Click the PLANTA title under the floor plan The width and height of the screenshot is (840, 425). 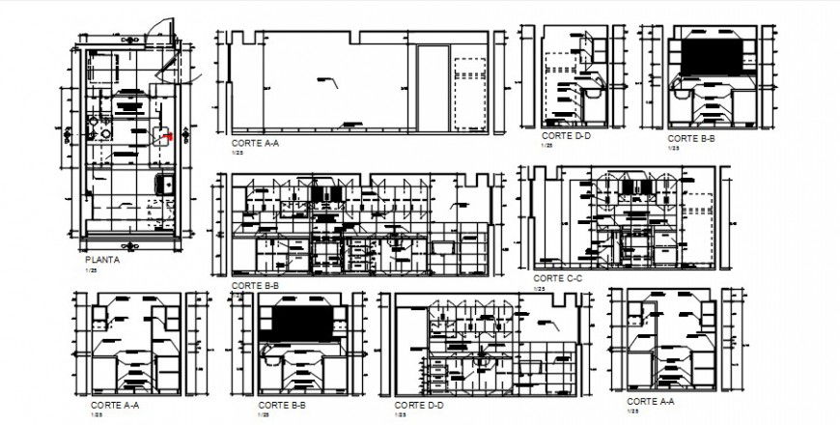pyautogui.click(x=102, y=259)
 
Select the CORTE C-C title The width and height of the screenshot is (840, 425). pyautogui.click(x=559, y=278)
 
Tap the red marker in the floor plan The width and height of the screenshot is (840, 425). pyautogui.click(x=170, y=136)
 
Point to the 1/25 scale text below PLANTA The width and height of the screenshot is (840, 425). pyautogui.click(x=91, y=269)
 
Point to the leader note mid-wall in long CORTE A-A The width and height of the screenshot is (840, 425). pyautogui.click(x=326, y=79)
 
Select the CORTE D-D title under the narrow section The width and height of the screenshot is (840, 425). pyautogui.click(x=563, y=136)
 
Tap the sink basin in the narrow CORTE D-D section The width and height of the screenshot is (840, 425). pyautogui.click(x=591, y=95)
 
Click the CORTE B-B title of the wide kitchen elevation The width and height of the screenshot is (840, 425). pyautogui.click(x=255, y=286)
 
